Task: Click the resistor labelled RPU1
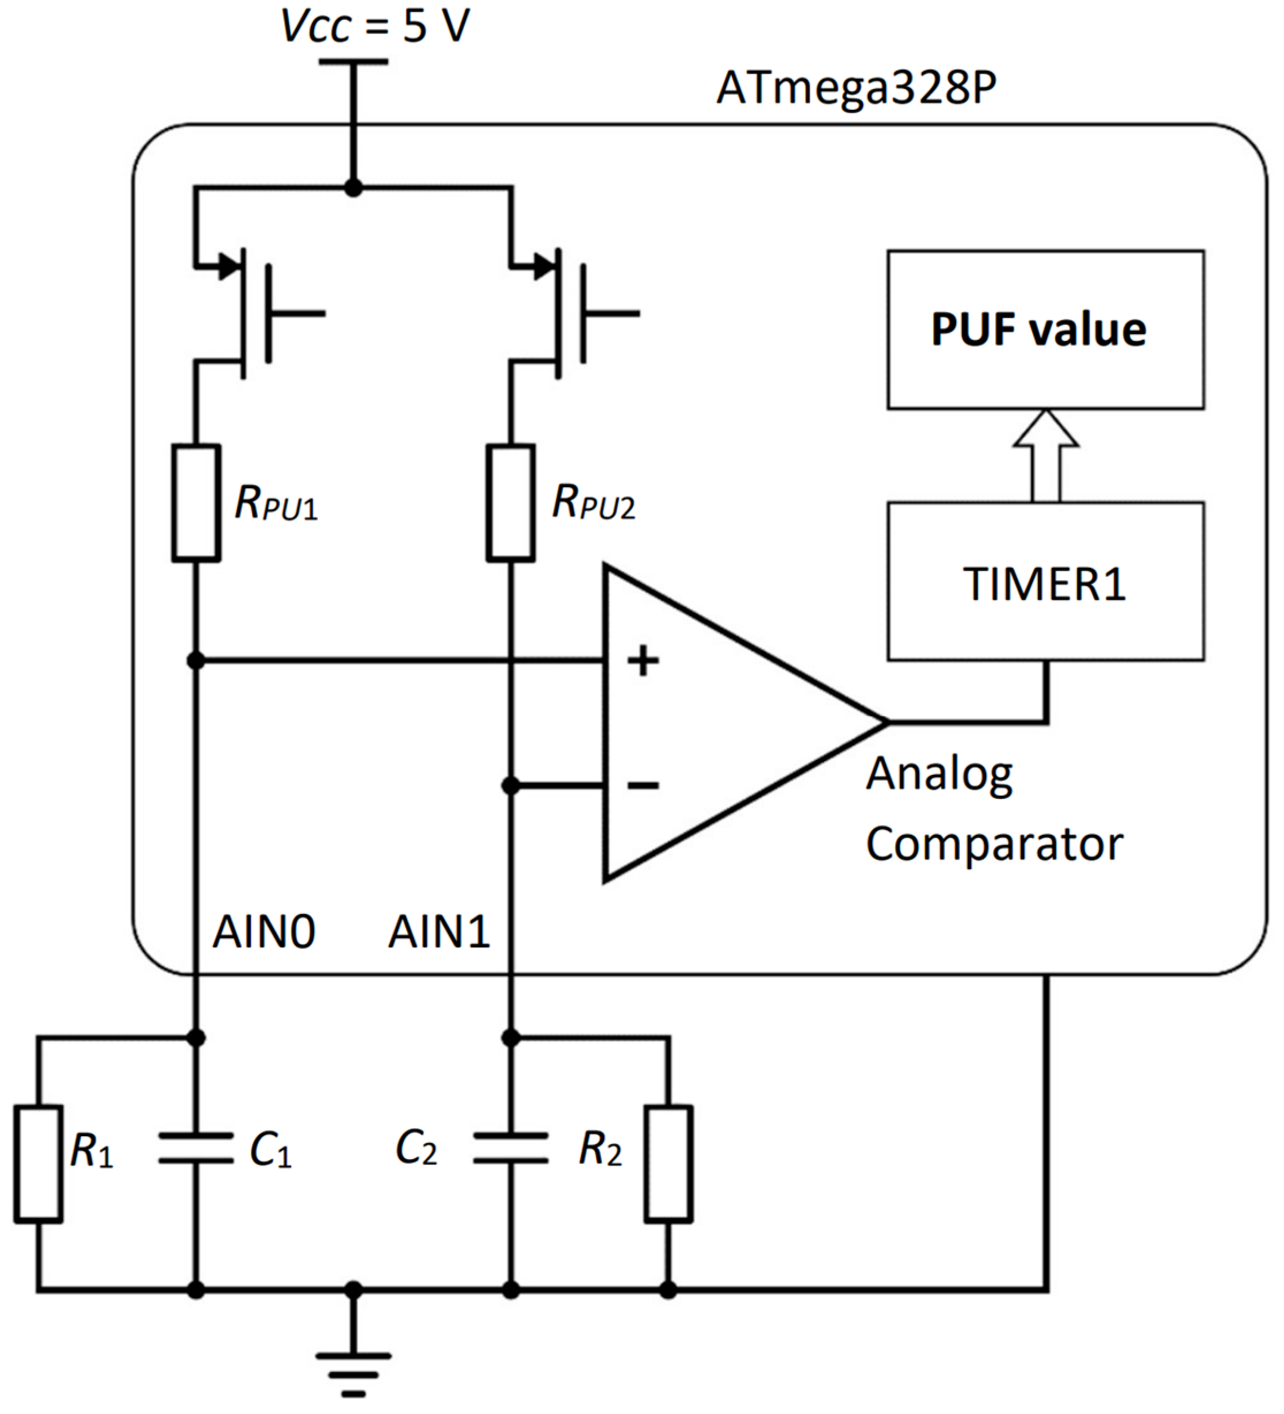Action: pyautogui.click(x=196, y=503)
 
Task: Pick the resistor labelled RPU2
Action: pyautogui.click(x=510, y=503)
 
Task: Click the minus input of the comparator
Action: pyautogui.click(x=643, y=786)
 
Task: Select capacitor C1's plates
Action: pyautogui.click(x=196, y=1148)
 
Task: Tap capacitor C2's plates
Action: pyautogui.click(x=510, y=1148)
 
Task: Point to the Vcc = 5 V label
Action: pyautogui.click(x=375, y=26)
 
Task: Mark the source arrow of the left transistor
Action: pyautogui.click(x=228, y=266)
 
